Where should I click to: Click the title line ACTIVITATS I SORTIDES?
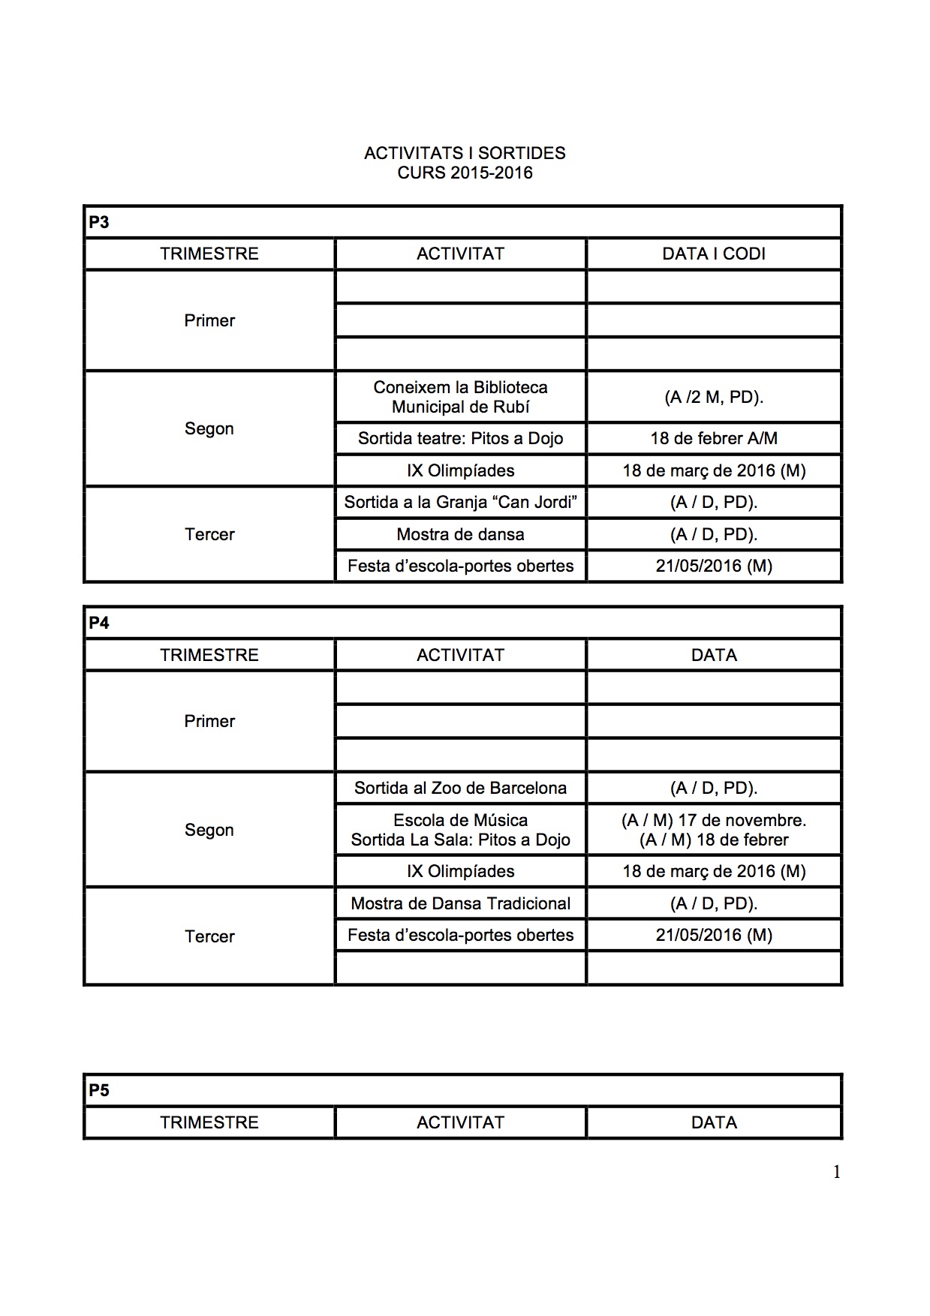click(465, 153)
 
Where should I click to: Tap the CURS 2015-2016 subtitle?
click(465, 173)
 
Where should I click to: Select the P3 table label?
click(99, 222)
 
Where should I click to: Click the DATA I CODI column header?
click(713, 254)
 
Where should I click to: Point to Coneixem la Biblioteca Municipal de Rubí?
click(460, 397)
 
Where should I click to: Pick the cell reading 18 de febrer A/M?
click(713, 438)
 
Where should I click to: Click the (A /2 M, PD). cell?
click(713, 397)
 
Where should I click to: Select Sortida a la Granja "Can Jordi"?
click(460, 502)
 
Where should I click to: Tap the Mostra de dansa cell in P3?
click(460, 534)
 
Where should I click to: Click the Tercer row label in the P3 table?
click(209, 534)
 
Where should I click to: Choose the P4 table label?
click(99, 623)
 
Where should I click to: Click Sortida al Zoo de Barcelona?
click(460, 788)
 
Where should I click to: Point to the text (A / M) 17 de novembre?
click(713, 820)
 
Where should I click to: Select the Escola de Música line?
click(460, 820)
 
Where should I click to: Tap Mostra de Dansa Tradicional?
click(460, 903)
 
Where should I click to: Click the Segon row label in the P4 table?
click(209, 830)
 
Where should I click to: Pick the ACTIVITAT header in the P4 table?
click(460, 655)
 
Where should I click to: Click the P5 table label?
click(99, 1090)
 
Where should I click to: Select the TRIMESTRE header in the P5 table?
click(209, 1122)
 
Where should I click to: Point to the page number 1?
click(836, 1172)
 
